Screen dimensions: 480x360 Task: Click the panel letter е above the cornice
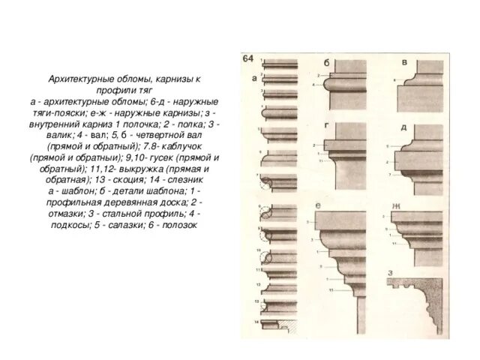click(319, 205)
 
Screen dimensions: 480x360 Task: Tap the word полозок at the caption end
click(178, 223)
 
